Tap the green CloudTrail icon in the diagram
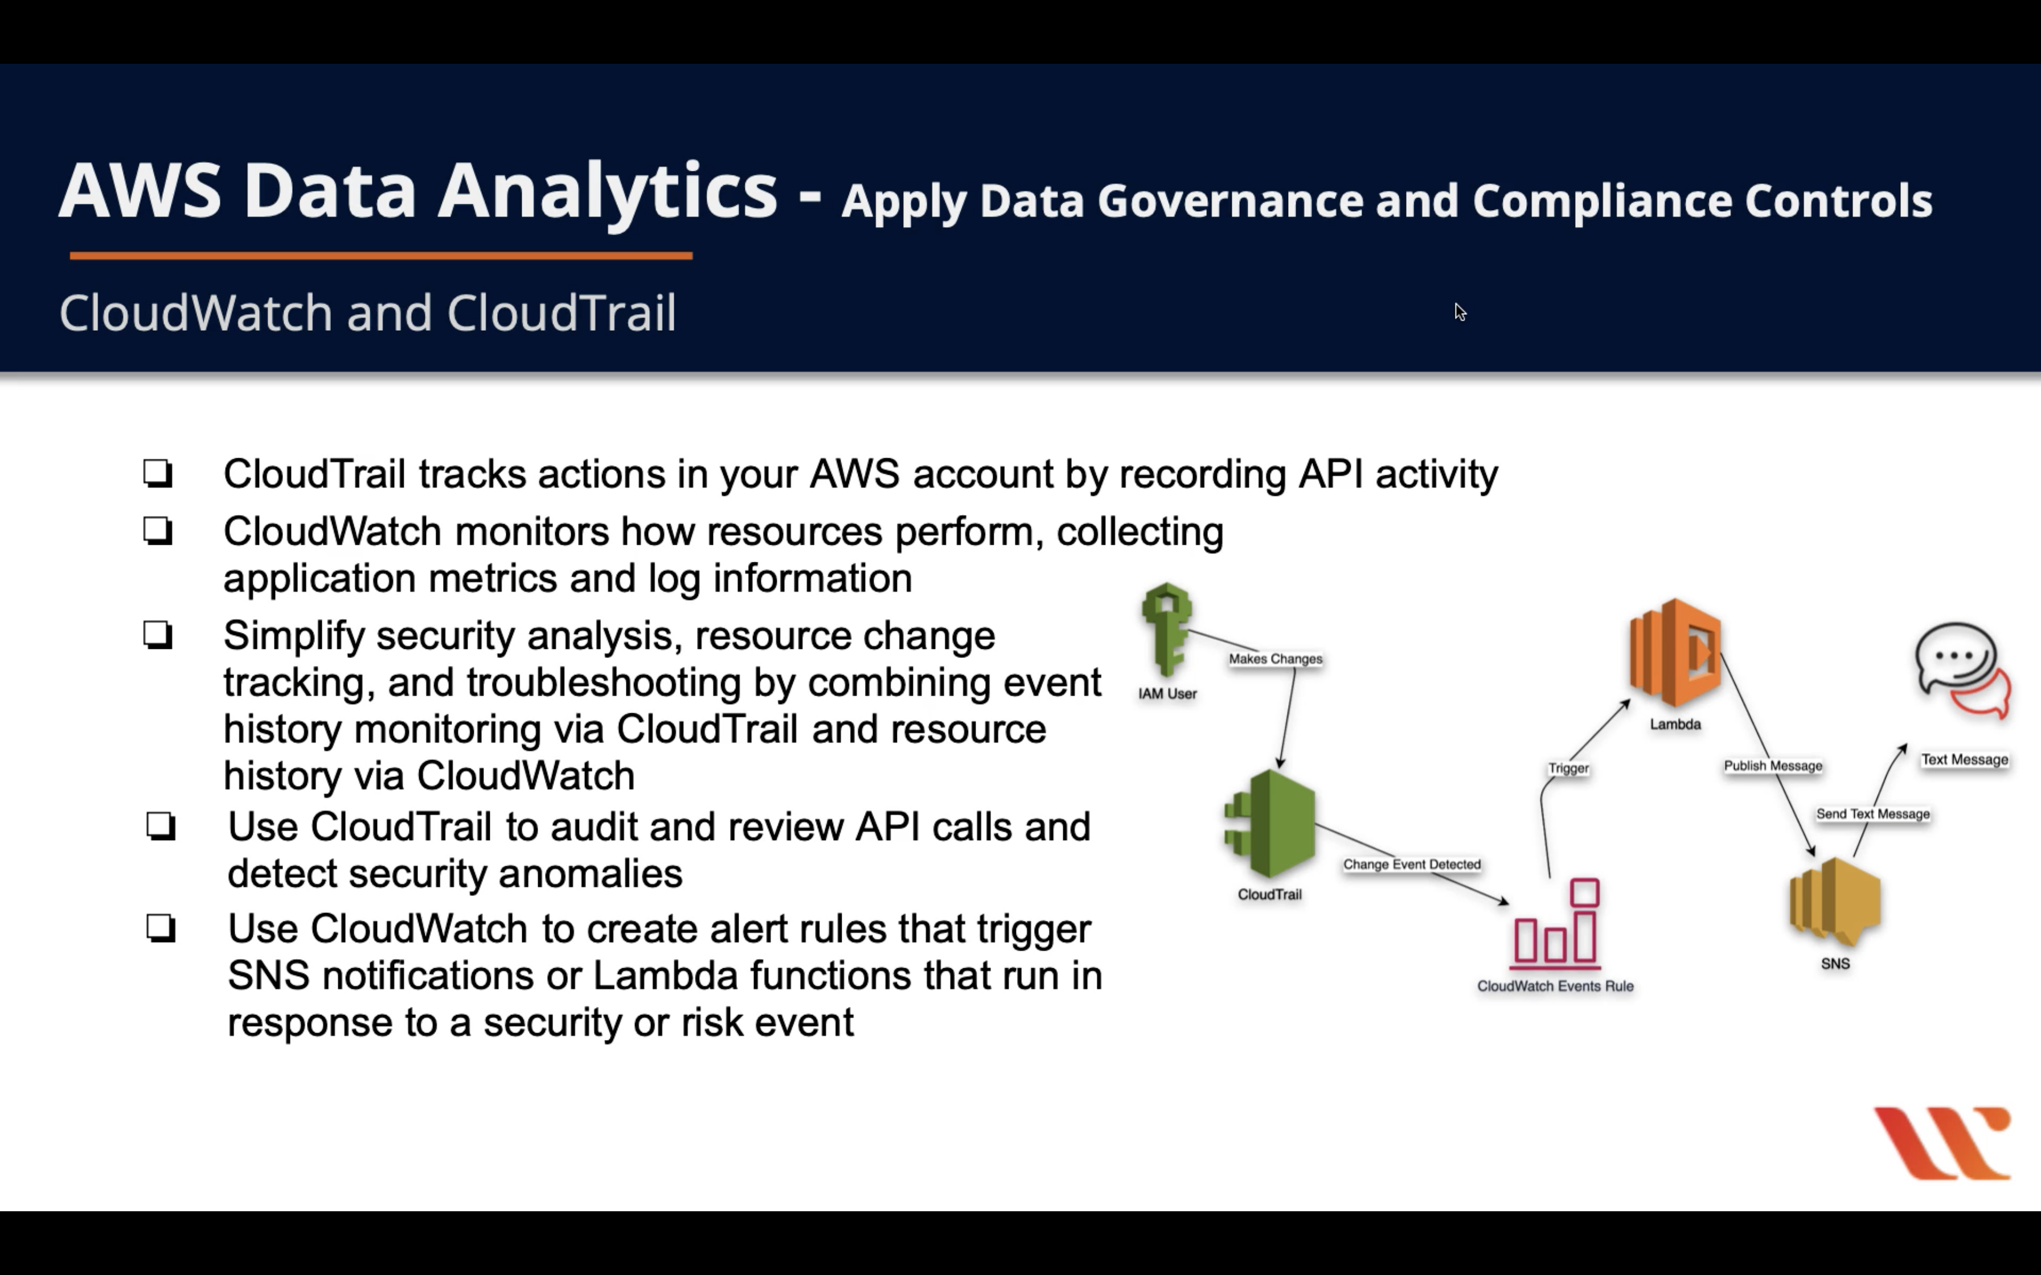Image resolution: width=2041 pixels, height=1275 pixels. pyautogui.click(x=1270, y=824)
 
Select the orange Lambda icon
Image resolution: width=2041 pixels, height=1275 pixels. pyautogui.click(x=1675, y=652)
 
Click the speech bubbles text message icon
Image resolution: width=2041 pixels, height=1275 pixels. pyautogui.click(x=1962, y=669)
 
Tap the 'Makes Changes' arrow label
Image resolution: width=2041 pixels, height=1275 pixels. pyautogui.click(x=1275, y=659)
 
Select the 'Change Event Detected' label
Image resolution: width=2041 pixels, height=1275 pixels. pyautogui.click(x=1412, y=865)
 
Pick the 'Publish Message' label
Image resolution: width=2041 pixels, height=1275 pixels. pyautogui.click(x=1773, y=766)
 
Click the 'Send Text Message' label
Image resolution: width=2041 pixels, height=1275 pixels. pyautogui.click(x=1872, y=814)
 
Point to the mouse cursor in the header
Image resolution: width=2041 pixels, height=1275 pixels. pyautogui.click(x=1460, y=311)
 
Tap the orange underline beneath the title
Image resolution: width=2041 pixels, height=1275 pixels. pyautogui.click(x=380, y=256)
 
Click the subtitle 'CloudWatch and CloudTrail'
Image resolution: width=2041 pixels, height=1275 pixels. pyautogui.click(x=368, y=313)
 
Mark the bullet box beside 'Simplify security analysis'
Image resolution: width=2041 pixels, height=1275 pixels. pyautogui.click(x=158, y=635)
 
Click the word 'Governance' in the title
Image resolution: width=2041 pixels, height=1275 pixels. pyautogui.click(x=1229, y=201)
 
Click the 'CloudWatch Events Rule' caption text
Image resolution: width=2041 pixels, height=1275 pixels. pyautogui.click(x=1555, y=986)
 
